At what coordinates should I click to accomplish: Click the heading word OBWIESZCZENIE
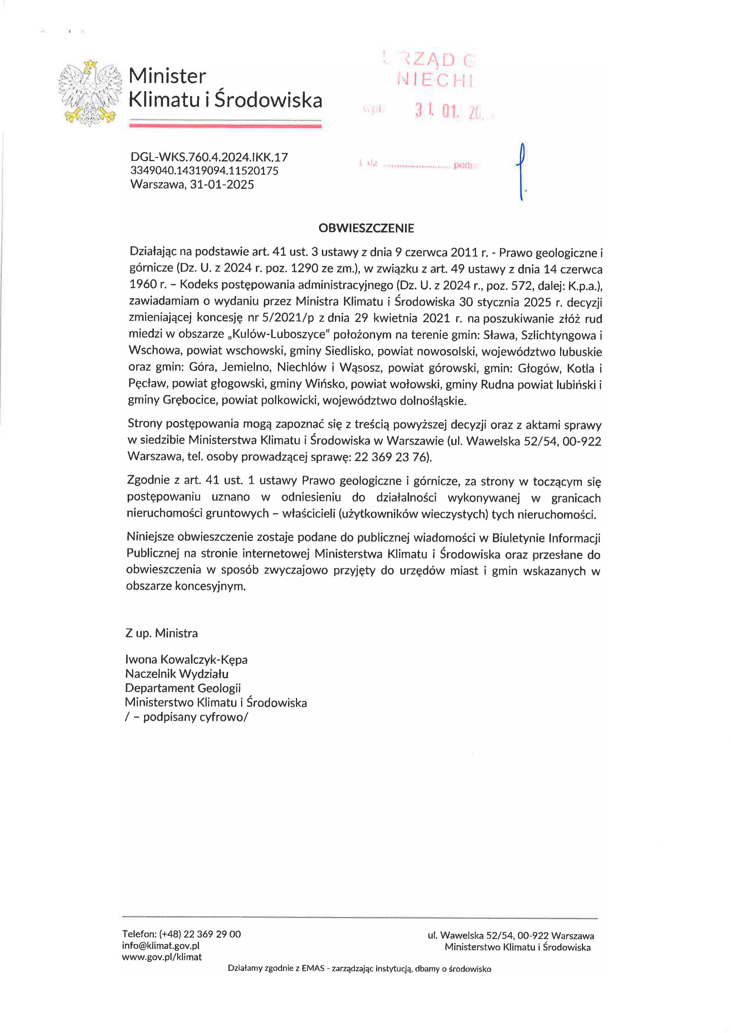pos(366,228)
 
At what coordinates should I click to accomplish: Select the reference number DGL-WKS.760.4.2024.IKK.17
pos(209,157)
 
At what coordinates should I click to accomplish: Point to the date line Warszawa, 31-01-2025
pos(192,184)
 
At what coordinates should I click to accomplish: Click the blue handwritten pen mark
pos(521,171)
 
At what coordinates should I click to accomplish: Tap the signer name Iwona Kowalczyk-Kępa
pos(186,660)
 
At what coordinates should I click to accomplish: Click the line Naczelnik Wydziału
pos(177,674)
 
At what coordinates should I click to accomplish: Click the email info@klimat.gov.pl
pos(161,946)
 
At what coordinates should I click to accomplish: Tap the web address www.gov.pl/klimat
pos(162,957)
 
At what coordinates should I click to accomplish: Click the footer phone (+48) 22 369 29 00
pos(200,934)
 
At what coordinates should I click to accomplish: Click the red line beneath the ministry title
pos(225,126)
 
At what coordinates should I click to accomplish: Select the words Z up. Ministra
pos(162,633)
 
